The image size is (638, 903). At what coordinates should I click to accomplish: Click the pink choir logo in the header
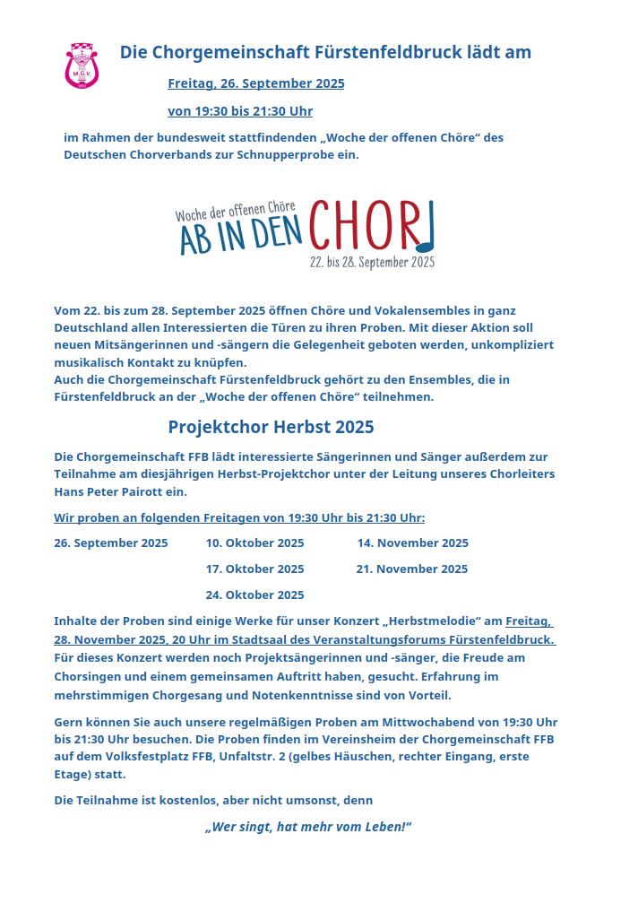82,65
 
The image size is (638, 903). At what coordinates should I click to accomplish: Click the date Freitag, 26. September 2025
255,83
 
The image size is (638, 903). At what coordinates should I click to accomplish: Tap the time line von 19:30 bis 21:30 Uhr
239,111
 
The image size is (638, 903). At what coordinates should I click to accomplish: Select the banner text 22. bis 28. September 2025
372,263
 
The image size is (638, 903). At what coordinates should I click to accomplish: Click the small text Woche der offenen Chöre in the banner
235,213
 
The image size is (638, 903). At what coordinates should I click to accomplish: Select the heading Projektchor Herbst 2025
271,427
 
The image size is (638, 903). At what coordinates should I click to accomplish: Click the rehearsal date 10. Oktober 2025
254,543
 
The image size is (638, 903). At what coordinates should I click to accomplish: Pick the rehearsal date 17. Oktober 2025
254,569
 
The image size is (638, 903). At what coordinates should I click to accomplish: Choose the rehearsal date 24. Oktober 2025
254,595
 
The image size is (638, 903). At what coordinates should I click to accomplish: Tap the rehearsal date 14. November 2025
412,543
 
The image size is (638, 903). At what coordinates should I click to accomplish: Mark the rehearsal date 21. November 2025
411,569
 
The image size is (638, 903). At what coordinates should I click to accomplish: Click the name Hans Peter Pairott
108,492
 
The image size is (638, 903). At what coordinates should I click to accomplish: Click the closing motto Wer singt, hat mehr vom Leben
307,827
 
